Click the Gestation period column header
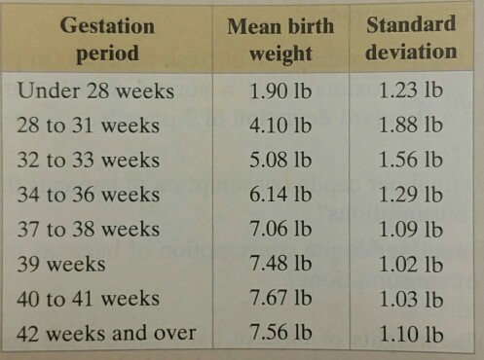coord(107,39)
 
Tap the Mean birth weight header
coord(280,40)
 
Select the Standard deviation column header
coord(411,38)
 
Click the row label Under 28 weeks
coord(95,90)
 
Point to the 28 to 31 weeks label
coord(89,126)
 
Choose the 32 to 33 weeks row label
coord(89,160)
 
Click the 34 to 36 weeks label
coord(89,195)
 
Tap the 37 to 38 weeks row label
coord(89,229)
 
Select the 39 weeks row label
coord(61,264)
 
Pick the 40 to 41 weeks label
coord(89,299)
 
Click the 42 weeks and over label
coord(106,333)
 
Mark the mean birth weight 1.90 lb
coord(280,90)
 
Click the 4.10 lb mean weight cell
coord(280,126)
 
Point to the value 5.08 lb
coord(280,160)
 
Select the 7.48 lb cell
coord(280,264)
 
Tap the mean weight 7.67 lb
coord(280,298)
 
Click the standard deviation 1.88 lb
coord(411,125)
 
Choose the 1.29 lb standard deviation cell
coord(411,195)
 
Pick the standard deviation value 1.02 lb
coord(411,264)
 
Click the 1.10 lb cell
coord(411,334)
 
